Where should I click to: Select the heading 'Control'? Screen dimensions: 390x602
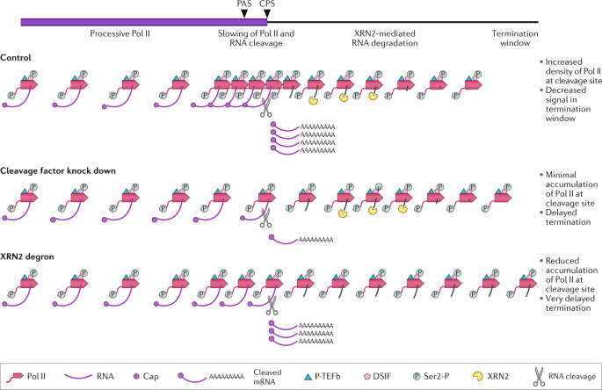point(17,57)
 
